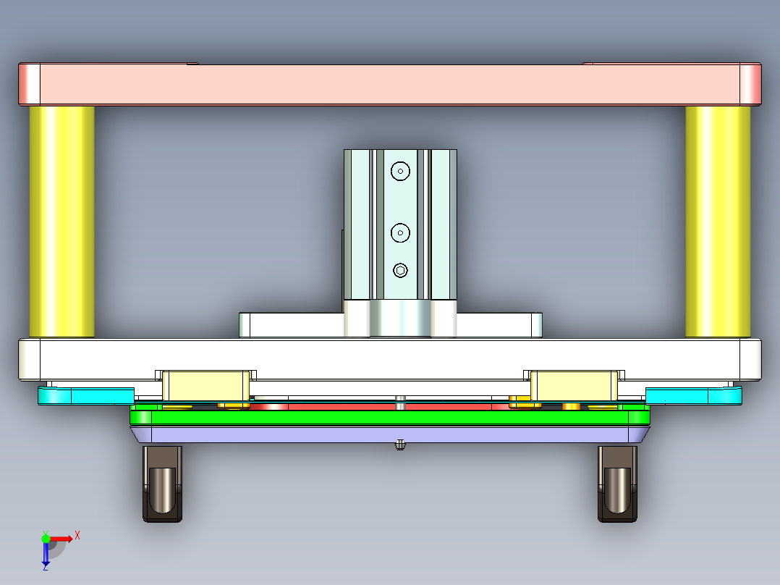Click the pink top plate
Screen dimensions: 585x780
coord(389,84)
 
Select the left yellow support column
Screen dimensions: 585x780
coord(62,222)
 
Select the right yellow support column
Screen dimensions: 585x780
coord(718,222)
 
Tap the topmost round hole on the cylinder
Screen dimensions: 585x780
coord(400,171)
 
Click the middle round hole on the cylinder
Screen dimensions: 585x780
coord(400,232)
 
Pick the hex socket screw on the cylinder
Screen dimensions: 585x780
coord(400,271)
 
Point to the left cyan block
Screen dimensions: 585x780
coord(85,395)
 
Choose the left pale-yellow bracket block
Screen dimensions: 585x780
coord(205,385)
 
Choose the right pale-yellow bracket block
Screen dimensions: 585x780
coord(574,385)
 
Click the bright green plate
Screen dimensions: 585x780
coord(389,417)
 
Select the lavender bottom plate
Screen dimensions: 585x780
coord(389,434)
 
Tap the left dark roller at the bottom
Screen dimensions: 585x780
coord(162,484)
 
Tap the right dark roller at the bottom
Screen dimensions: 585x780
coord(617,484)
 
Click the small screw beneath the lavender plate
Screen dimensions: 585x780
coord(399,445)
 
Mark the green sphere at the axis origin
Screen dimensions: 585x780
coord(46,538)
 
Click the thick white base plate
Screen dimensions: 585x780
coord(389,358)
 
